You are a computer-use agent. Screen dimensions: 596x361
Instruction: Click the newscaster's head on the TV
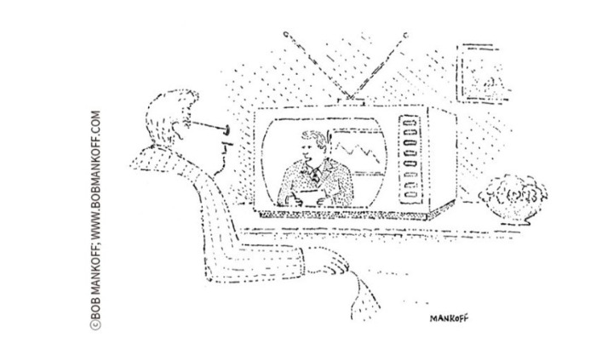tap(310, 146)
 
